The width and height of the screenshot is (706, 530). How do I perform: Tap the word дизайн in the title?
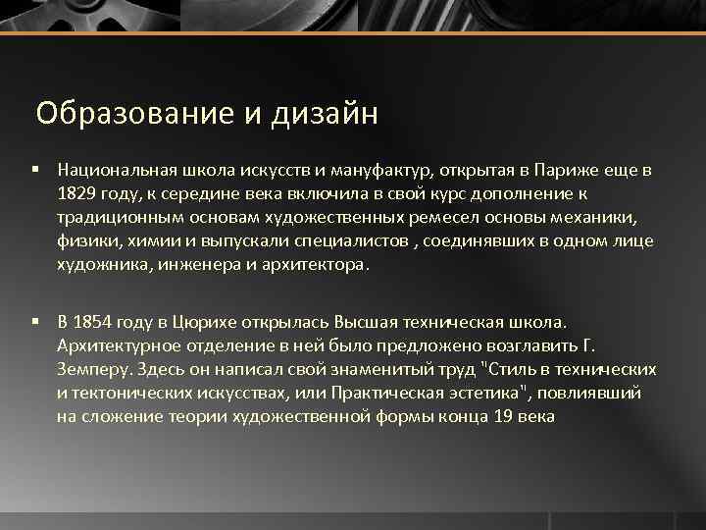pos(318,115)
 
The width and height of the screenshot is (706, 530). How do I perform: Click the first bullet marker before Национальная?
pos(35,170)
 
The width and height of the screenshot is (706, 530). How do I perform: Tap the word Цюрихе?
pos(200,322)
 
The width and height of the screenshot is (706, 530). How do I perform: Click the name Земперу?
pos(87,369)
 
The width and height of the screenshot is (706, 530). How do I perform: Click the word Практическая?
pos(346,393)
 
